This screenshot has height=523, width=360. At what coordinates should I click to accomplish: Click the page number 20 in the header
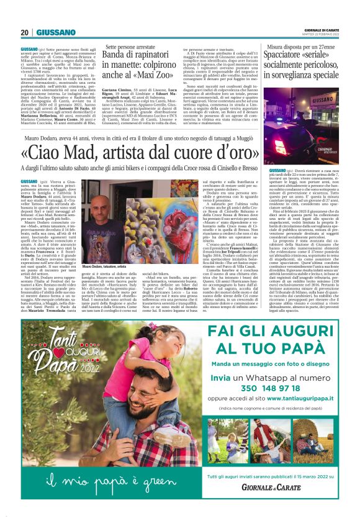tap(25, 32)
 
